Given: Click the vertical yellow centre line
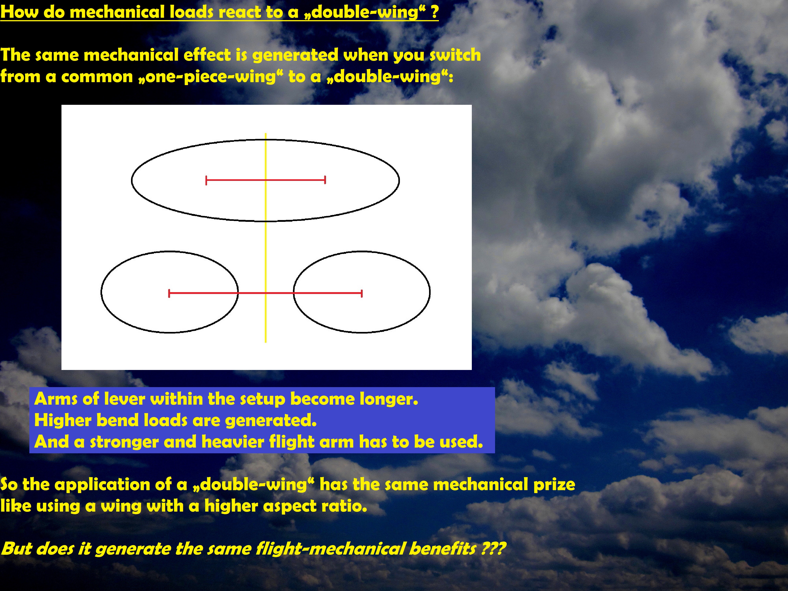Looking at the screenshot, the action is (266, 238).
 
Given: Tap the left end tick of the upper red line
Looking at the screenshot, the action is (206, 180).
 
